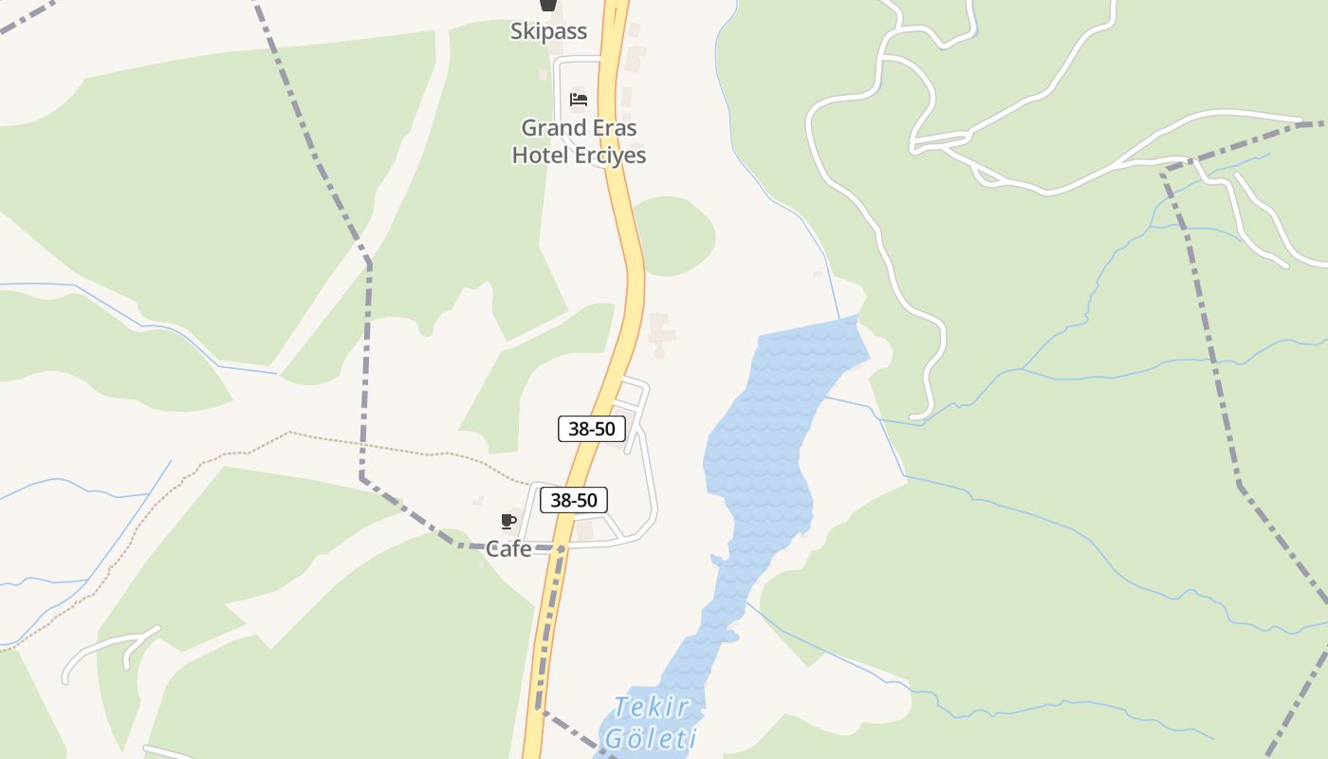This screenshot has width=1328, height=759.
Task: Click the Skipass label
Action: click(x=548, y=31)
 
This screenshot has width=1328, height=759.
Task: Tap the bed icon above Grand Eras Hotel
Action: click(x=579, y=99)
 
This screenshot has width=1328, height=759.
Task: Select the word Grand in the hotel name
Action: click(x=550, y=127)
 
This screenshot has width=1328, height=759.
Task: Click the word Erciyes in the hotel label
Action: click(x=611, y=155)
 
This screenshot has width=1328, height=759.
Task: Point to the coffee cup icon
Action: click(x=508, y=520)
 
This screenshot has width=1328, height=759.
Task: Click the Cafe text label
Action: click(x=508, y=548)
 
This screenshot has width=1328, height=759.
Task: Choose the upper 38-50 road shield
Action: click(x=592, y=429)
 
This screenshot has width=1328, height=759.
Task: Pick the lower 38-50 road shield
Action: click(x=574, y=500)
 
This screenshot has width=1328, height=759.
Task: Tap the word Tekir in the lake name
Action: click(x=650, y=708)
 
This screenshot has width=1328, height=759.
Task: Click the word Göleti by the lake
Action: click(x=651, y=738)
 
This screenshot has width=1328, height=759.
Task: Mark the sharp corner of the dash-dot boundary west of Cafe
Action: click(x=361, y=476)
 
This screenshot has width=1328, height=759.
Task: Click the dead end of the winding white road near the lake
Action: click(x=913, y=417)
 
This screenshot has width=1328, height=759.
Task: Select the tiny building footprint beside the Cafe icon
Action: click(x=478, y=501)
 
